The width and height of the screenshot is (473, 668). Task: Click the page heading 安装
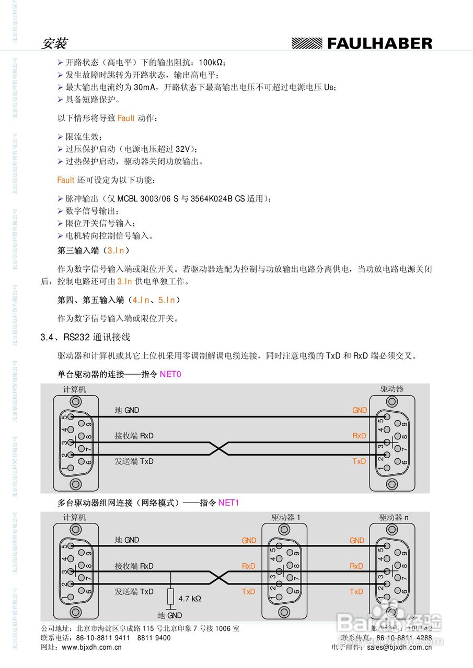point(53,43)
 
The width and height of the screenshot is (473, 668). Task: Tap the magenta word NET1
point(228,503)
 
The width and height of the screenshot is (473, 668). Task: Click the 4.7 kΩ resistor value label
point(190,599)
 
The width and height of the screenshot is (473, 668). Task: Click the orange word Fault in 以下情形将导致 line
point(126,118)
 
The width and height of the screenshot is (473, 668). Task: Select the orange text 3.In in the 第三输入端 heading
point(115,251)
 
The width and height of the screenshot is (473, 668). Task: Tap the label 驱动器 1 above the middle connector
point(286,518)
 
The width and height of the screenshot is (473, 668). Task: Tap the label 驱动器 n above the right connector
point(394,518)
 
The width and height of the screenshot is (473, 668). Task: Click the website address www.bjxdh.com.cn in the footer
point(91,647)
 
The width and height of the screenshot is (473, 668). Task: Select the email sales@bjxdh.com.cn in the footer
point(399,647)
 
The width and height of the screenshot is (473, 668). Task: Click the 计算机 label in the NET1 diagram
point(75,518)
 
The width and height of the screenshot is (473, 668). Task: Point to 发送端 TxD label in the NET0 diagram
point(134,461)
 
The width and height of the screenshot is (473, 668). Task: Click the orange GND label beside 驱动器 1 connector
point(249,541)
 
